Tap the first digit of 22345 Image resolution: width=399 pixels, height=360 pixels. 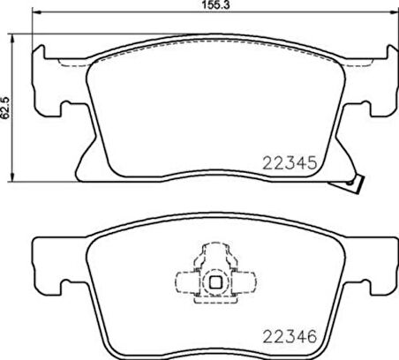click(x=267, y=163)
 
